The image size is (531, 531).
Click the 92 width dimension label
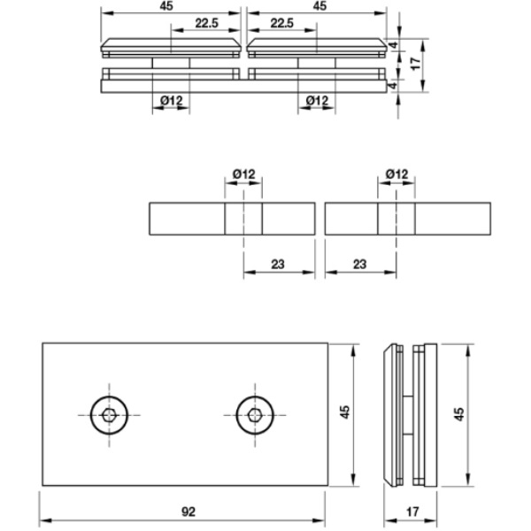(x=188, y=512)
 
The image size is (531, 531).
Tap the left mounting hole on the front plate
(x=109, y=415)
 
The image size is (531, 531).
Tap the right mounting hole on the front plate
(x=255, y=415)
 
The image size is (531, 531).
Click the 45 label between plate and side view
(x=345, y=412)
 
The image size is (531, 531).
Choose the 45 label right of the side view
(x=458, y=412)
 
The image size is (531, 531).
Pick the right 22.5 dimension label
(x=283, y=22)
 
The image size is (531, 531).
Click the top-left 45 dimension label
(x=167, y=6)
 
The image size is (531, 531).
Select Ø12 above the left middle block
(x=243, y=175)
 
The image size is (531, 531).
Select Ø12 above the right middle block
(x=397, y=175)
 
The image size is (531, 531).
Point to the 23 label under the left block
(x=278, y=263)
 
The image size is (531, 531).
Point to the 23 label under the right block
(x=360, y=263)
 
